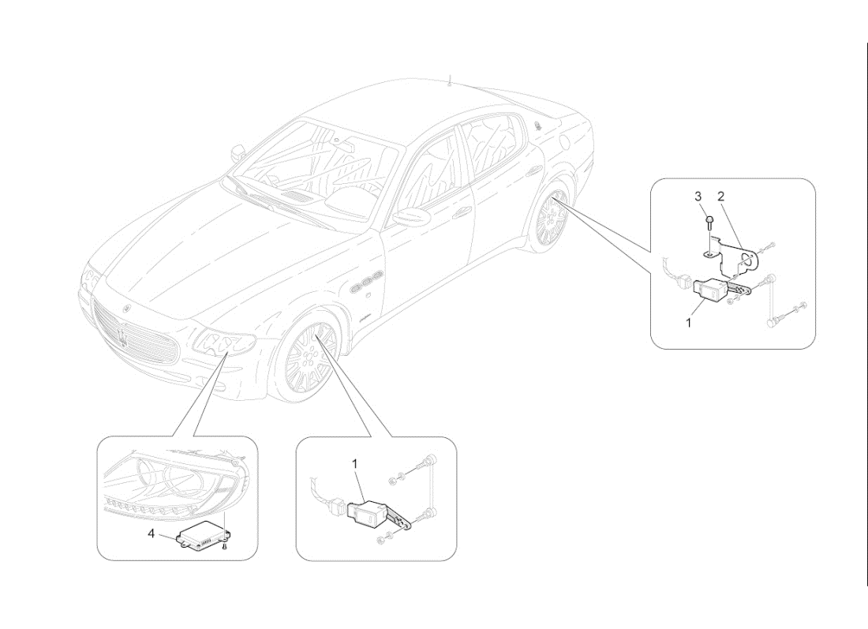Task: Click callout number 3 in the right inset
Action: [x=698, y=195]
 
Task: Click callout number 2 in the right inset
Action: [x=720, y=195]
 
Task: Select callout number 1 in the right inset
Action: [x=690, y=322]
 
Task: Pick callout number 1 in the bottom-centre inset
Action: [x=355, y=465]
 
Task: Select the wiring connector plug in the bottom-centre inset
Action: [x=338, y=507]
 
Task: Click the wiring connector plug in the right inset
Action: [x=683, y=282]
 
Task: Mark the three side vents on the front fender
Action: [x=368, y=287]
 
